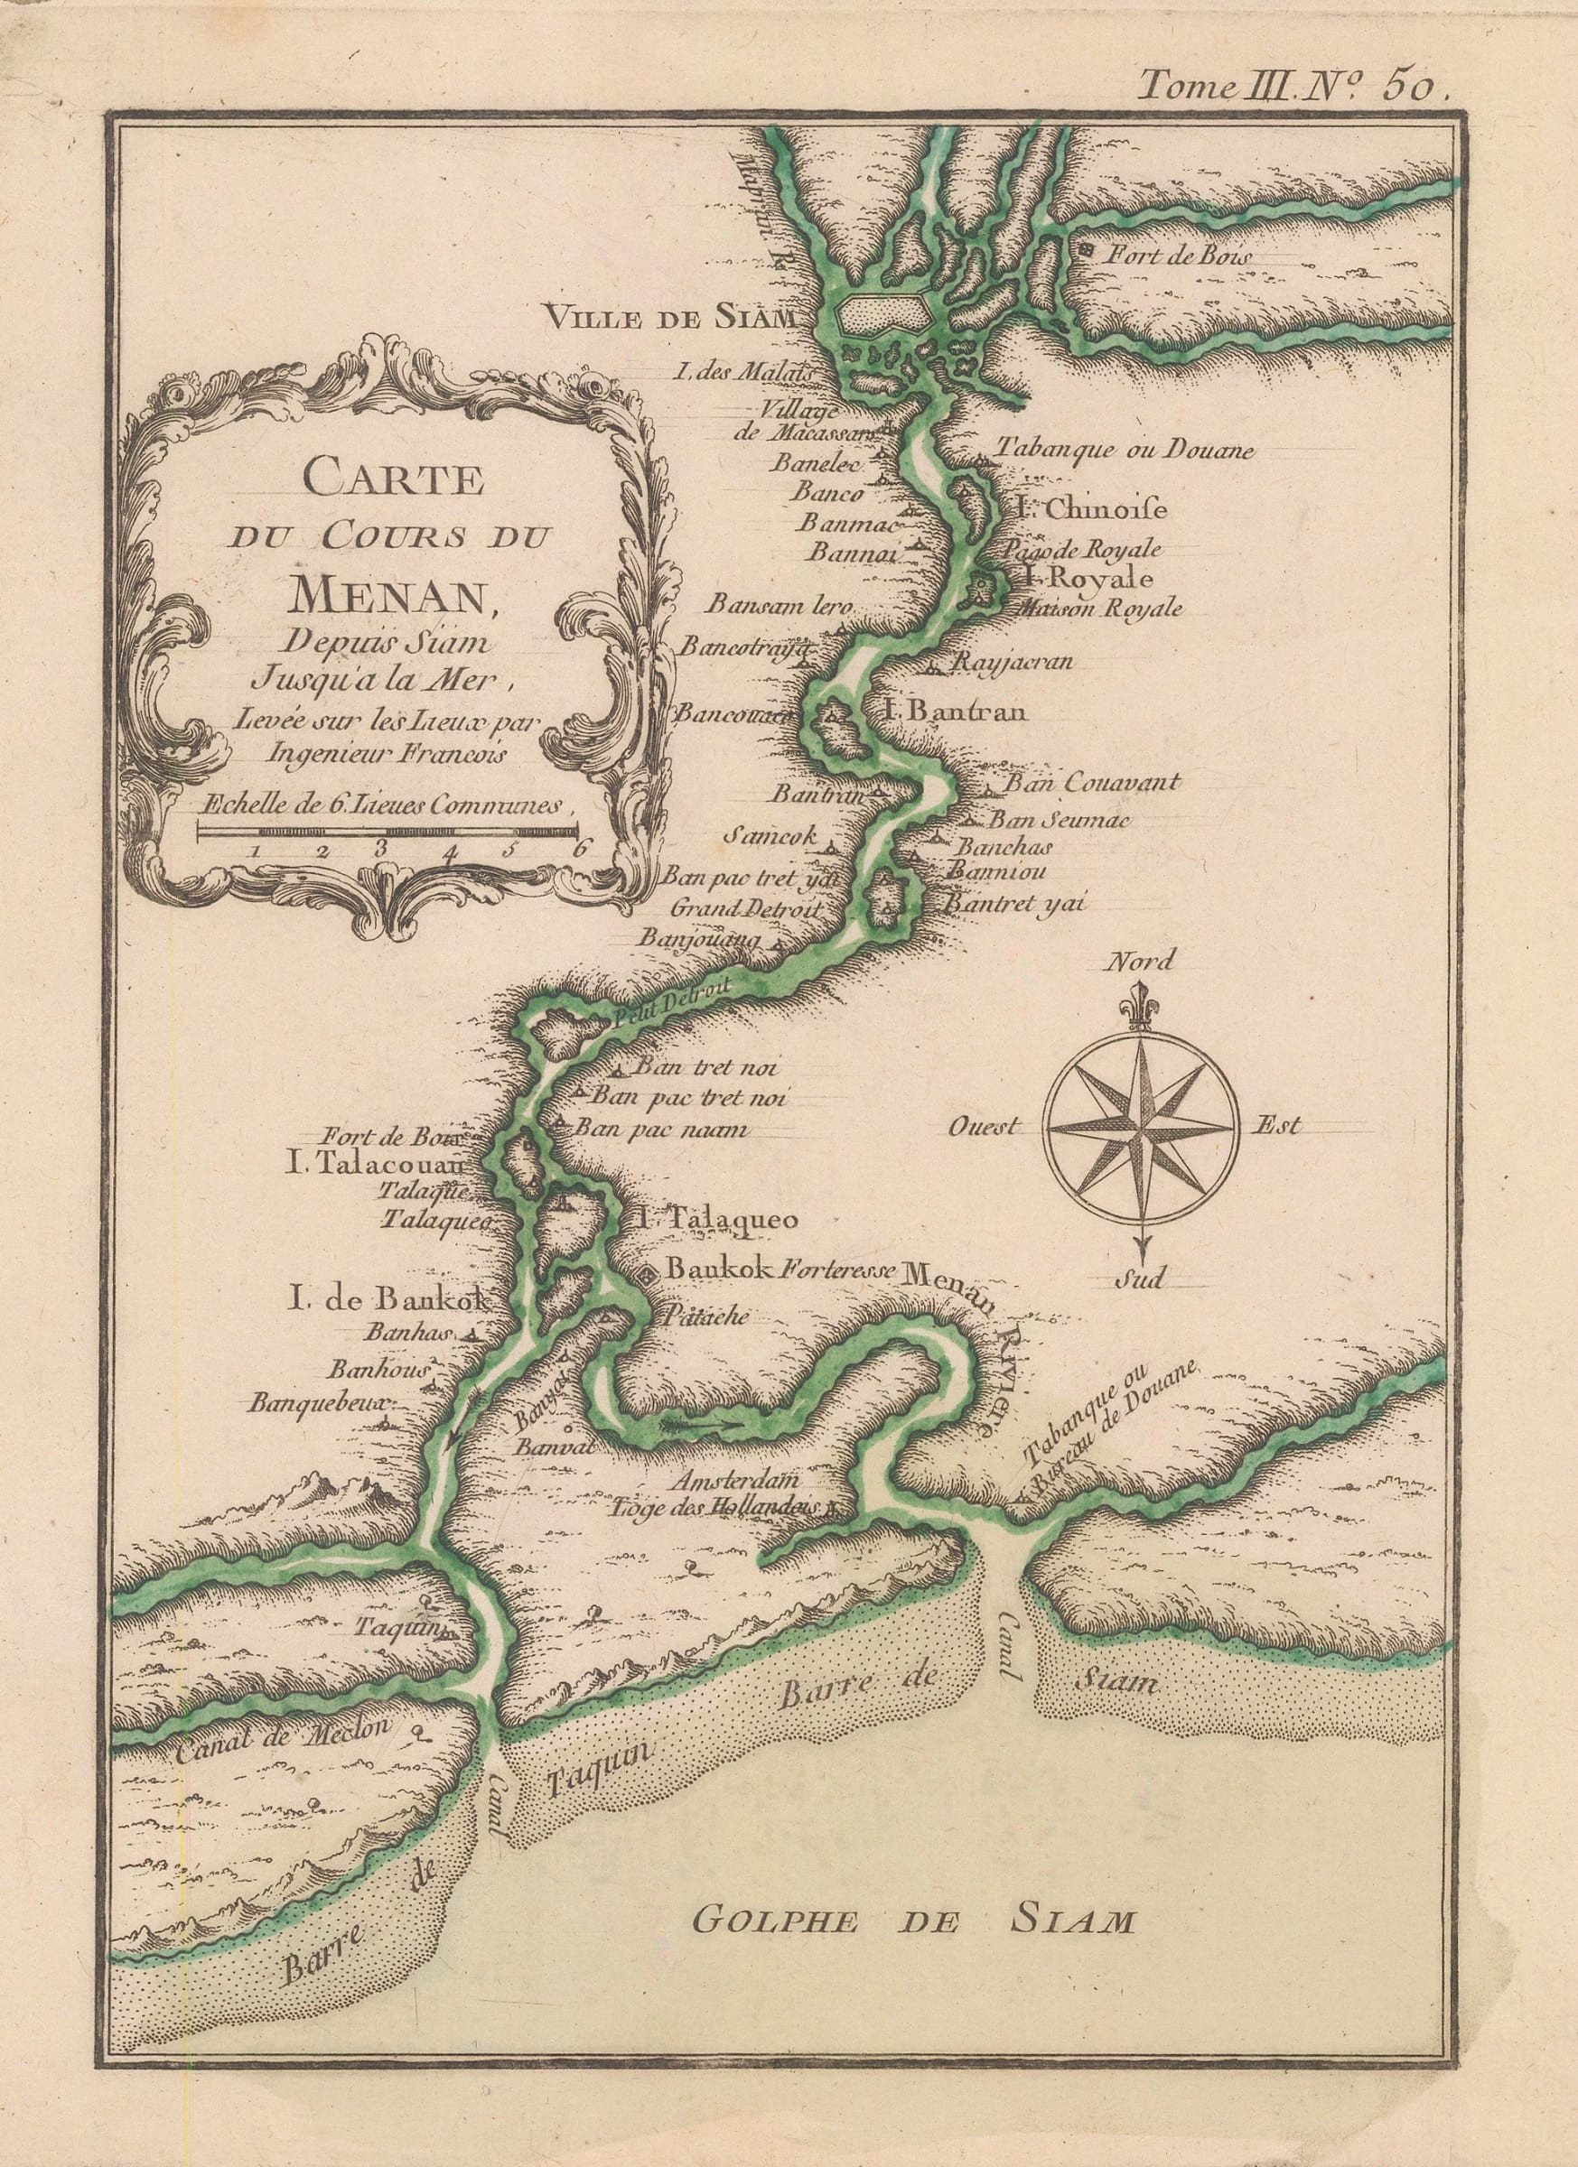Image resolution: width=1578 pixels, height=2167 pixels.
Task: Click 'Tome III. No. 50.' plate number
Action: [x=1296, y=87]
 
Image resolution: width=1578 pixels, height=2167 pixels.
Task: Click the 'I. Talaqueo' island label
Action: [x=714, y=1219]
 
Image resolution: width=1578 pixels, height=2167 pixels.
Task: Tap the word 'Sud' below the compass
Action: [x=1139, y=1279]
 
